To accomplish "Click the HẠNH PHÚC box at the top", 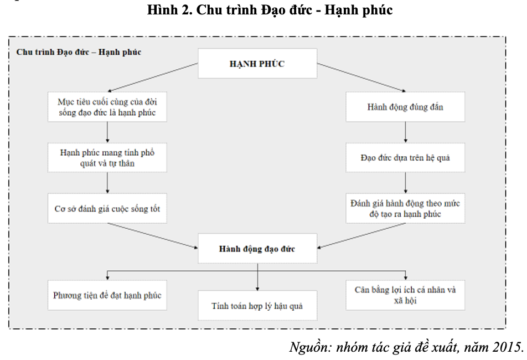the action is click(257, 64).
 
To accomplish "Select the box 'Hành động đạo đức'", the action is click(257, 249).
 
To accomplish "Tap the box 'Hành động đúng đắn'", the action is click(405, 107).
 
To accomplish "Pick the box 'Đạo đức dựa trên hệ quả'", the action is click(405, 158).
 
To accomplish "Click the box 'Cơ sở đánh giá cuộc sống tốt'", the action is click(107, 208).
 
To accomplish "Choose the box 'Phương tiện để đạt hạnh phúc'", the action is click(107, 295).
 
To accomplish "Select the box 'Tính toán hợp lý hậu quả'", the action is click(257, 306).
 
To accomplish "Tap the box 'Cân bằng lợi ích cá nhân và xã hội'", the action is click(405, 295).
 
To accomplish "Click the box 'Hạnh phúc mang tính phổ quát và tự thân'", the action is click(107, 158).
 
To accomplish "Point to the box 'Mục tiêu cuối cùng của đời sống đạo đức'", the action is click(107, 107).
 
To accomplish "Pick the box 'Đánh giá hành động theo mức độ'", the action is click(405, 208).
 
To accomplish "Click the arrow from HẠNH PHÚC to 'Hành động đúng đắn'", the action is click(361, 78).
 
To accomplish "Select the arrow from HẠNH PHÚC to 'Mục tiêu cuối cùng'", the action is click(153, 78).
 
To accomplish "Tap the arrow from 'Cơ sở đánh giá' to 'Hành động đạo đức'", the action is click(153, 236).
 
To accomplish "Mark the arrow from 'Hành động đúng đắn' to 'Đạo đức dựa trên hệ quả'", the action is click(405, 132).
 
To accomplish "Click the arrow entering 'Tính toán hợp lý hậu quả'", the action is click(257, 276).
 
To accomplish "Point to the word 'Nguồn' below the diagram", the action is click(310, 347).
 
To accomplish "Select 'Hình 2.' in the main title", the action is click(169, 10).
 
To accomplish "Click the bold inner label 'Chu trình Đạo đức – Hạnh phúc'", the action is click(79, 52).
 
